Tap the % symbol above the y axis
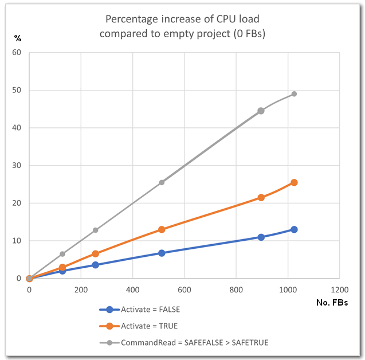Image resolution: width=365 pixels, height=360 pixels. [18, 38]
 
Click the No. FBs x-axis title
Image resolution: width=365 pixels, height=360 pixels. [332, 302]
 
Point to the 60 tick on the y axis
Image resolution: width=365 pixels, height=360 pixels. [17, 53]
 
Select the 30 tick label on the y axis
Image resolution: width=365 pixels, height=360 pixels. [17, 166]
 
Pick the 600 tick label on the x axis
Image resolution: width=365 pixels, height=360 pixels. [185, 290]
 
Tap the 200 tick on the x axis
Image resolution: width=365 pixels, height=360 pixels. [81, 290]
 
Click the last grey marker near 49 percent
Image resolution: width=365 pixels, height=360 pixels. [294, 94]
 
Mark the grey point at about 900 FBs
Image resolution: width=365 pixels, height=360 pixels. [261, 111]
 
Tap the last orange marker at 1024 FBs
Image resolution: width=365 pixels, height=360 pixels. [294, 182]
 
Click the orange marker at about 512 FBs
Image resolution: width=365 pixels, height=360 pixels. [162, 229]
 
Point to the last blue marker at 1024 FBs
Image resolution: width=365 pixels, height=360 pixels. [294, 229]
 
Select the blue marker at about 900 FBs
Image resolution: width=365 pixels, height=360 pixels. [261, 237]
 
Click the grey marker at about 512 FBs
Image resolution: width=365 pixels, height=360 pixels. [162, 182]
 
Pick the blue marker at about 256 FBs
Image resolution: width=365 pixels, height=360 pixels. [95, 265]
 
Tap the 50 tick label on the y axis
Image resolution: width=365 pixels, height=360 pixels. [17, 91]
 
